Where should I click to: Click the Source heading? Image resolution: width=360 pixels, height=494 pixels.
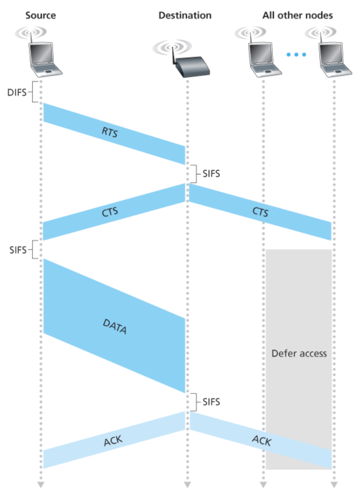coord(40,16)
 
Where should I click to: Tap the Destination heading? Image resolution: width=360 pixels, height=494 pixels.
coord(185,16)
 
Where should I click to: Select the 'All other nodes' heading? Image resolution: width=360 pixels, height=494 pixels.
coord(297,16)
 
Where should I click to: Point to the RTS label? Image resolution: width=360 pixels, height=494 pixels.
coord(110,132)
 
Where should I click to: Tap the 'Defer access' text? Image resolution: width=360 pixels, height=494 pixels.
coord(299,354)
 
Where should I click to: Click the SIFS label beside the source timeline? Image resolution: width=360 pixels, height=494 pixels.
coord(18,250)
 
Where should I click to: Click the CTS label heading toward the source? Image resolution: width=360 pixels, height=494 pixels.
coord(110,212)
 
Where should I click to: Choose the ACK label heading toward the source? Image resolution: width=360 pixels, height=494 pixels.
coord(113,442)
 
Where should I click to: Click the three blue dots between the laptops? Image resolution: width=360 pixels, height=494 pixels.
coord(297,54)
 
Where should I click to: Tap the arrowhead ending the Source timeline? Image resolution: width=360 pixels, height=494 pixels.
coord(40,484)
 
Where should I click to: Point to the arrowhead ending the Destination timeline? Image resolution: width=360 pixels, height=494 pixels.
coord(187,484)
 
